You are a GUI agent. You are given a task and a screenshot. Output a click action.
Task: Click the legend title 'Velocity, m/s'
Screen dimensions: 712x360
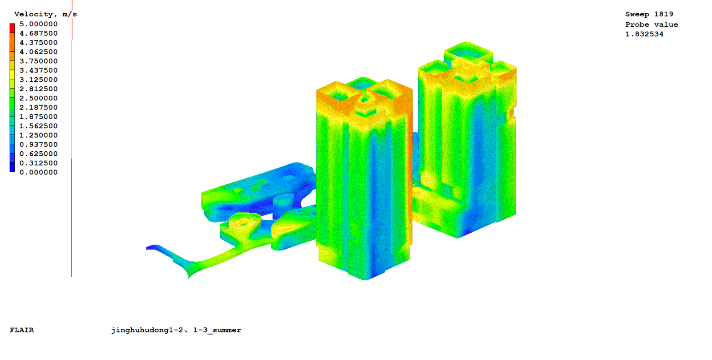[45, 14]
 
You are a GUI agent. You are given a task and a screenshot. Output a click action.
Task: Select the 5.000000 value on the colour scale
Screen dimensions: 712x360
[38, 24]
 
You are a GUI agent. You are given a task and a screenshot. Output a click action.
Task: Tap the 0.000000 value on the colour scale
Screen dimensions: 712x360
[38, 173]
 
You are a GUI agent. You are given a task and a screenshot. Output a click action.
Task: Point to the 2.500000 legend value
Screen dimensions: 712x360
[38, 98]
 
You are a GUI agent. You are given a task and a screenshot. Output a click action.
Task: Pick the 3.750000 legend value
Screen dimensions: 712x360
[38, 61]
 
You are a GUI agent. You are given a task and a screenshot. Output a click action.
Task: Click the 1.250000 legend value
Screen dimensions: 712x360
[38, 135]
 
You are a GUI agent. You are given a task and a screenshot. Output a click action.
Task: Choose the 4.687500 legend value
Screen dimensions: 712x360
[38, 33]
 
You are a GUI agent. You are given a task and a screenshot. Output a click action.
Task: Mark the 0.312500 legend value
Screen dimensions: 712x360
[38, 163]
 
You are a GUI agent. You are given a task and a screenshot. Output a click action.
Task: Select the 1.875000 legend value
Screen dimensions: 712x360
[38, 117]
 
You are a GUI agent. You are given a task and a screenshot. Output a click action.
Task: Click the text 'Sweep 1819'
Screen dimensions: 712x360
[649, 14]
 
